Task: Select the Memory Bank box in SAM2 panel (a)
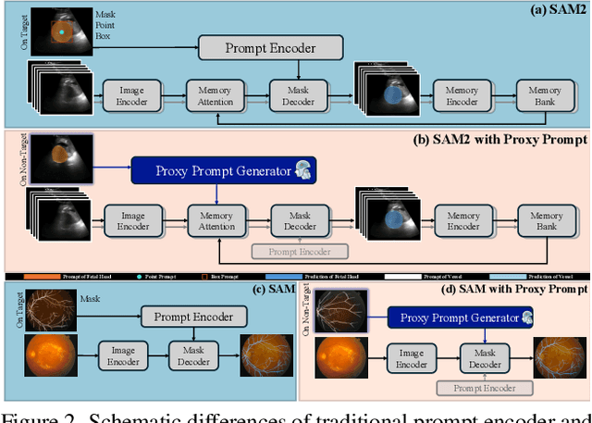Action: tap(545, 94)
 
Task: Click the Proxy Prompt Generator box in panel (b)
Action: tap(222, 169)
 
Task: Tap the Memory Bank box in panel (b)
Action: tap(545, 220)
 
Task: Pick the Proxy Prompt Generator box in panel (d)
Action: tap(458, 317)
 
